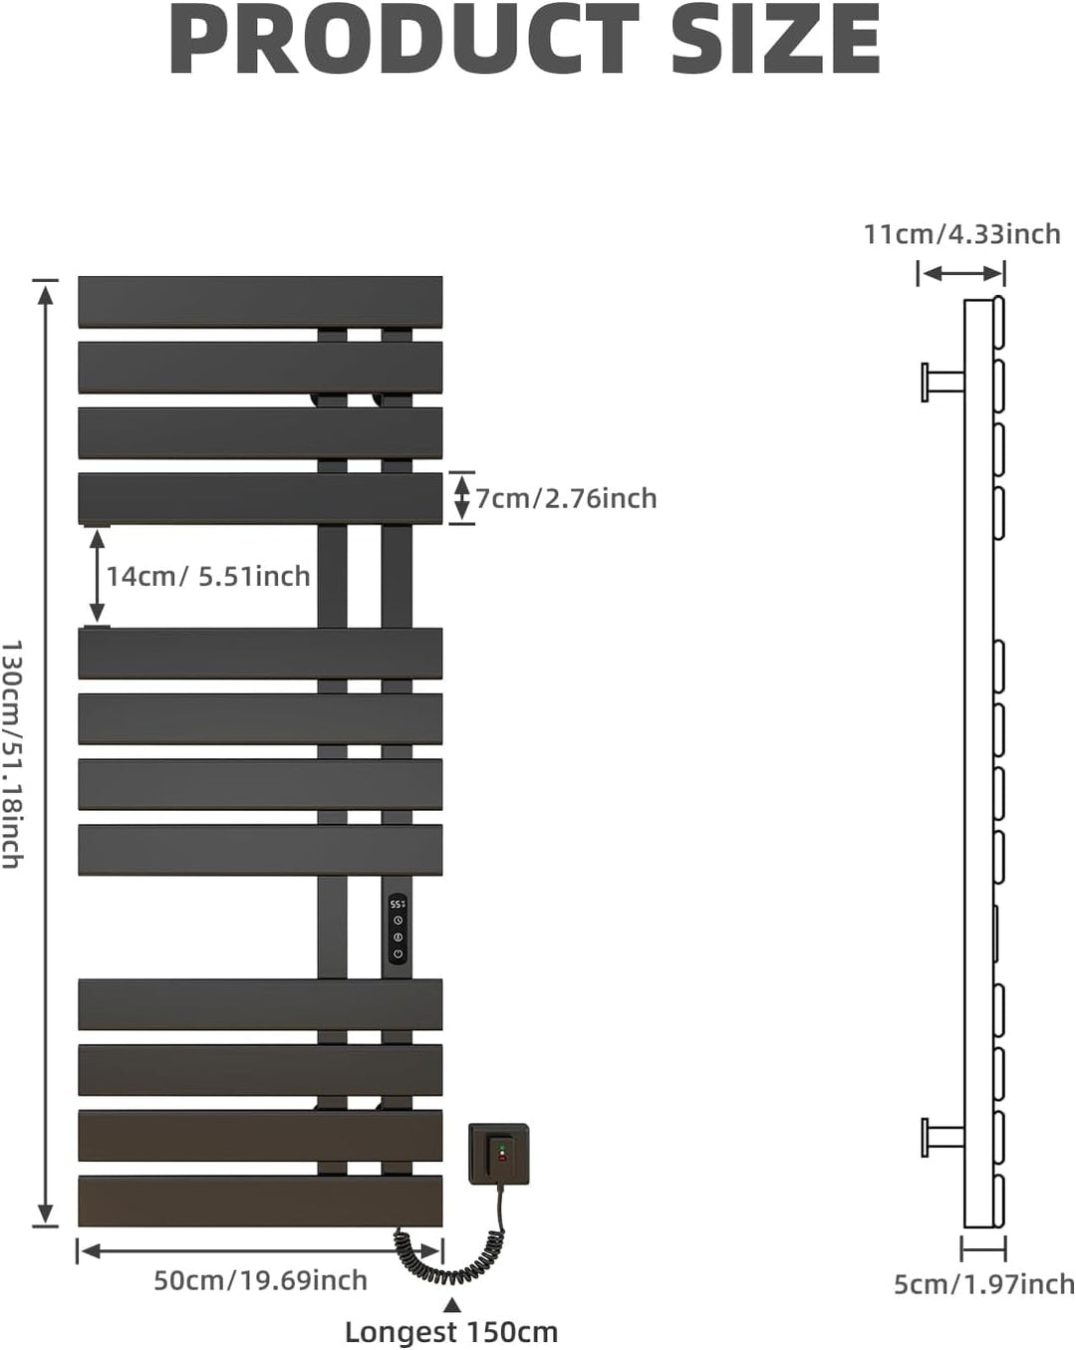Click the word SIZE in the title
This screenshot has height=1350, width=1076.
[x=776, y=39]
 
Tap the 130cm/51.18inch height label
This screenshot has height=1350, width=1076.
[x=12, y=754]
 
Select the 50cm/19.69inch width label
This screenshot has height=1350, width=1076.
[x=260, y=1280]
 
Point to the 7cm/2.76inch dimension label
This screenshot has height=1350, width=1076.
[x=566, y=499]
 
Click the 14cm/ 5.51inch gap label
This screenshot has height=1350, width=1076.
[x=208, y=576]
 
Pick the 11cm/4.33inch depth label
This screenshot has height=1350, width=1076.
[x=962, y=234]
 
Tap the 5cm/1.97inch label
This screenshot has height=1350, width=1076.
[x=984, y=1284]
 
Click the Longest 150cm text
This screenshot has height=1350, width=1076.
[x=451, y=1332]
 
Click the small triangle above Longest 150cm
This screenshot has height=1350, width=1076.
[x=451, y=1305]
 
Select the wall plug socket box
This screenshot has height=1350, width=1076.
[x=499, y=1155]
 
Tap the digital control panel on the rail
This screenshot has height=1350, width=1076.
[x=398, y=930]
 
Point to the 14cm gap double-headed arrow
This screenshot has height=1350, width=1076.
[x=97, y=575]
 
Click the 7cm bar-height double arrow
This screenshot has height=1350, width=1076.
[x=461, y=498]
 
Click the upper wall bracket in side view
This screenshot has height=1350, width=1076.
[x=942, y=382]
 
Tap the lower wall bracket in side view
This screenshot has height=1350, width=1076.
[x=942, y=1138]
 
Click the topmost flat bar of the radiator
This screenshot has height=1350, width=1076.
[x=260, y=302]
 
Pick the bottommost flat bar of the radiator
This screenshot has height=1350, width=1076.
[x=260, y=1202]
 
